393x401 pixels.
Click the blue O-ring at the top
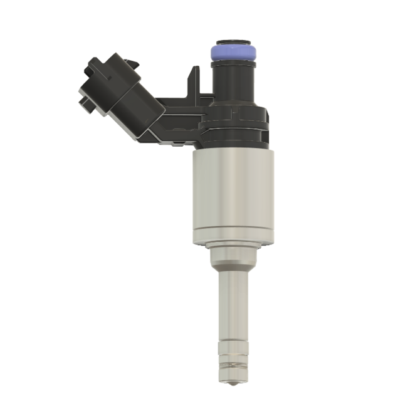click(233, 52)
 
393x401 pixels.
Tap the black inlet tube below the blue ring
click(233, 81)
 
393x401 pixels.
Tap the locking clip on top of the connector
click(131, 63)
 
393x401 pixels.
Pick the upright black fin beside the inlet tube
click(194, 81)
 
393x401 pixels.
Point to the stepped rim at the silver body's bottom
click(233, 239)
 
